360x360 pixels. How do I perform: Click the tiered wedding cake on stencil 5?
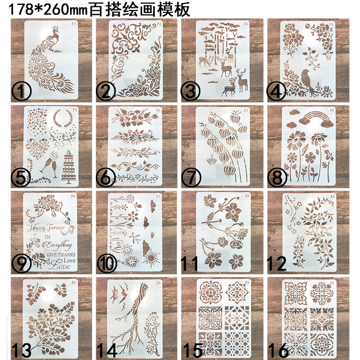[68, 166]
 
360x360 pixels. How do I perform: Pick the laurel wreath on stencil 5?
[63, 121]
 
